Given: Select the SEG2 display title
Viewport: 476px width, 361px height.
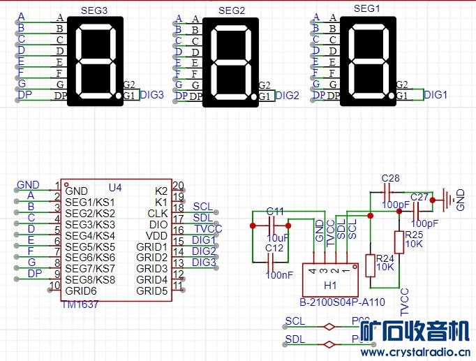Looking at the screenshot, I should tap(232, 10).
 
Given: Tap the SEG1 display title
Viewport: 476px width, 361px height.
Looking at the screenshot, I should tap(368, 8).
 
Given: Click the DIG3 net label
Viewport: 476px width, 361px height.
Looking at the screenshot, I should tap(151, 95).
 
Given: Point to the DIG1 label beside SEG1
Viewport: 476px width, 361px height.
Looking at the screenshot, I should tap(436, 95).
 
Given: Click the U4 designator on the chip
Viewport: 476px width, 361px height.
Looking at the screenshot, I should tap(115, 188).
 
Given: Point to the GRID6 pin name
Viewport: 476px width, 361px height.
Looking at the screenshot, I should tap(80, 291).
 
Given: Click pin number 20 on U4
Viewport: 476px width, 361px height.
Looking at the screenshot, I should tap(177, 186).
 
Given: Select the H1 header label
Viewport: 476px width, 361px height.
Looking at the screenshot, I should tap(330, 286).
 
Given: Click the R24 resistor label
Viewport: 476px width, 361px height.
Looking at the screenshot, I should tap(385, 258).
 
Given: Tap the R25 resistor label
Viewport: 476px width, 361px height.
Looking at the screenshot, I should tap(414, 235).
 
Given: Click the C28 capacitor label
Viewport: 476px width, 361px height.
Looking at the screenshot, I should tap(390, 179).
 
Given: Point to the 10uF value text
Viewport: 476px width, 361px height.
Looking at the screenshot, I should tap(277, 238).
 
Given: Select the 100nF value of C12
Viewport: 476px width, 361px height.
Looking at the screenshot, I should tap(279, 274).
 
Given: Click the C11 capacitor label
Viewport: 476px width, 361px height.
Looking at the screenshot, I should tap(275, 211).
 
